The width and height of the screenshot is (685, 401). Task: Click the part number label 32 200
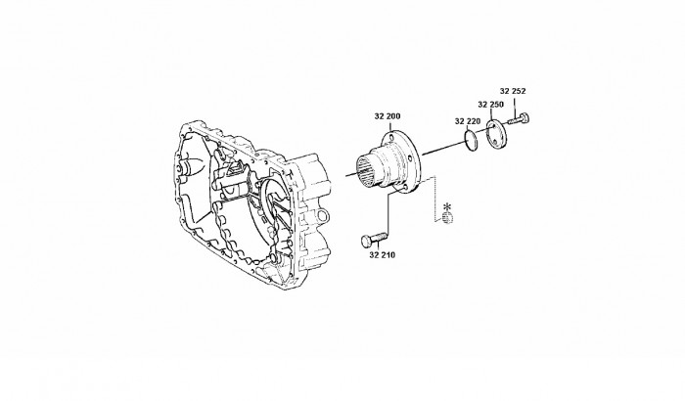click(x=388, y=116)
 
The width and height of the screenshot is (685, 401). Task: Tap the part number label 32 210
click(x=382, y=255)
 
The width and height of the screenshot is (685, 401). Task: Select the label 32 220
click(x=468, y=121)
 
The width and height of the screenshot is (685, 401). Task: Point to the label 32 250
click(x=490, y=105)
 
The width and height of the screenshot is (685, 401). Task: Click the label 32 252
click(x=513, y=91)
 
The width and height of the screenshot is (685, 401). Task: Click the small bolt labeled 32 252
click(x=519, y=118)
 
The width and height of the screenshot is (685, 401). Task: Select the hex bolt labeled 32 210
click(x=375, y=239)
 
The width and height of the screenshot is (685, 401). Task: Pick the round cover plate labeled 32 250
click(x=496, y=135)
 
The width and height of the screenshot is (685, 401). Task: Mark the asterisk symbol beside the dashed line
click(x=446, y=205)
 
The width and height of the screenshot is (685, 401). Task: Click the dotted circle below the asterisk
click(x=447, y=218)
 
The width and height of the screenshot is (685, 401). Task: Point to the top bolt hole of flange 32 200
click(x=390, y=138)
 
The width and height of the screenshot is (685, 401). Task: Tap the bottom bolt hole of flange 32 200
click(x=403, y=188)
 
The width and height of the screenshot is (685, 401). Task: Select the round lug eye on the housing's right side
click(x=321, y=216)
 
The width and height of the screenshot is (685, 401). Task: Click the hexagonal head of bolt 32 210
click(x=367, y=241)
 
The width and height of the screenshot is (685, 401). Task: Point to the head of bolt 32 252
click(x=525, y=117)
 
